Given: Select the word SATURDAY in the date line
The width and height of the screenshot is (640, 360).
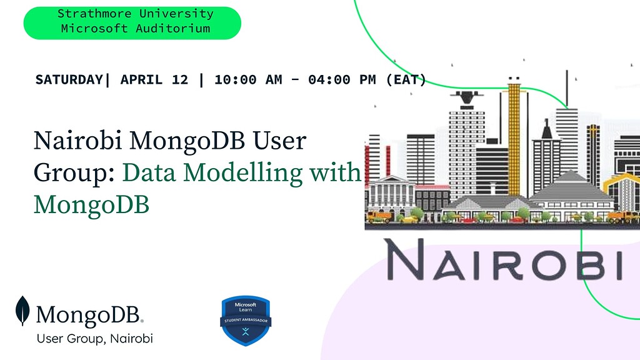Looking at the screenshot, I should coord(68,79).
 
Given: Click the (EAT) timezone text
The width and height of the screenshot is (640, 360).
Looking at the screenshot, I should coord(406,79).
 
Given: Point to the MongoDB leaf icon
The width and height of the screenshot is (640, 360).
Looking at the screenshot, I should coord(23,311).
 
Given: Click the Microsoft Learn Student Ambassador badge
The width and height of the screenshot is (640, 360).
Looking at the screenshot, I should coord(246,320).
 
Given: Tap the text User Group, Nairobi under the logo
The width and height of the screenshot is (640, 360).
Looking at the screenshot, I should coord(94,339).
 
